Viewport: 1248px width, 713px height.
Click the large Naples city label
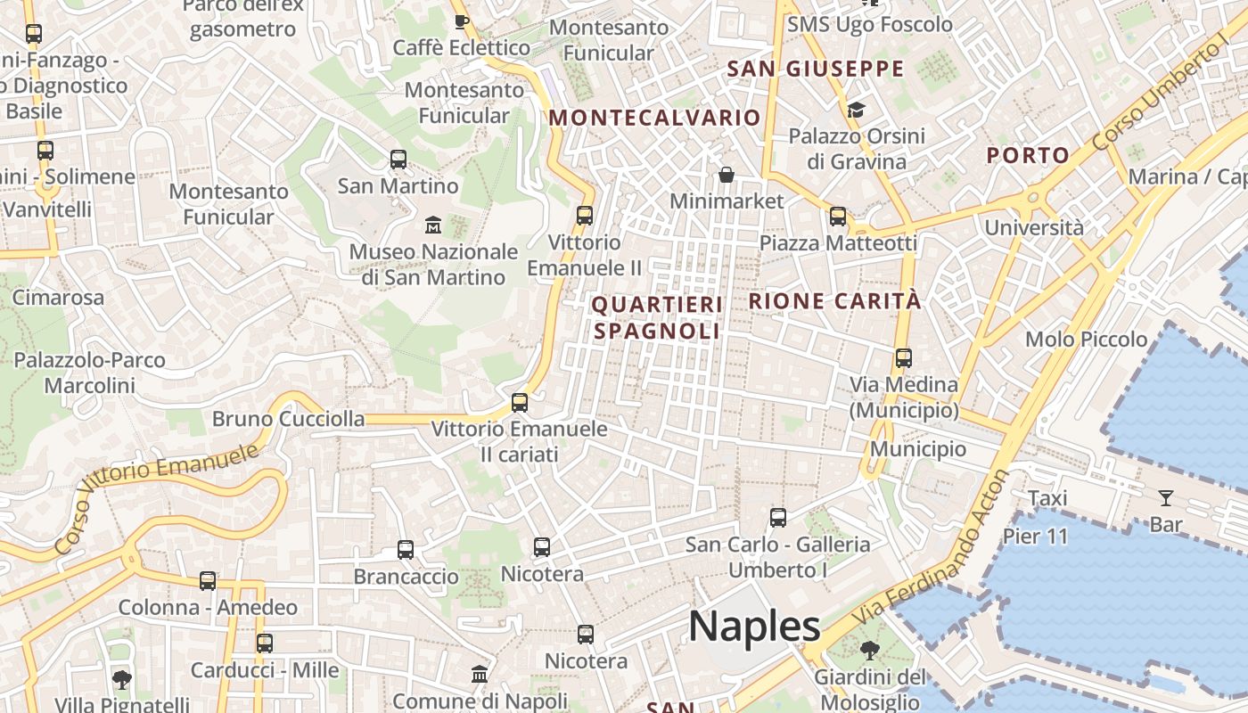[x=754, y=627]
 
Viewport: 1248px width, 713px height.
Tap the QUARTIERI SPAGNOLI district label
[x=657, y=318]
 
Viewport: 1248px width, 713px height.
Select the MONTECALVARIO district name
[x=654, y=118]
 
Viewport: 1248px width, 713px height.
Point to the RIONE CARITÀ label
[x=834, y=301]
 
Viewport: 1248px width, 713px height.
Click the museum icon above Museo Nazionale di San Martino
[x=433, y=224]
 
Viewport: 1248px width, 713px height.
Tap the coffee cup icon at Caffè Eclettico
[x=461, y=21]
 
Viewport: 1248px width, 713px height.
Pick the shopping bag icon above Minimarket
[x=727, y=174]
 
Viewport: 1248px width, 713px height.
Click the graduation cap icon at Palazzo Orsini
[x=856, y=110]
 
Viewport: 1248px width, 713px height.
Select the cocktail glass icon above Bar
[x=1165, y=497]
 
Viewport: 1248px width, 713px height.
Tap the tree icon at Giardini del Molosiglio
[x=869, y=651]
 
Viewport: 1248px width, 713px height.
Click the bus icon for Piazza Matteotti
[x=838, y=216]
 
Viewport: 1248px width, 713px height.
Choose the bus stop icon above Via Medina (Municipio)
[x=904, y=358]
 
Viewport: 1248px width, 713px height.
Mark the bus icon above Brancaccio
[x=406, y=549]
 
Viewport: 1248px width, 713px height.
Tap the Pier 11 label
[x=1035, y=537]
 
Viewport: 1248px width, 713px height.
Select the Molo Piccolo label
[x=1086, y=340]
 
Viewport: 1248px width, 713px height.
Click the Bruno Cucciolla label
[x=288, y=419]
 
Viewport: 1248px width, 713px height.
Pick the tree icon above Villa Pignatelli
[x=122, y=679]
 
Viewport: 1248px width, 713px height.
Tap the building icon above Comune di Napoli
[x=480, y=674]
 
